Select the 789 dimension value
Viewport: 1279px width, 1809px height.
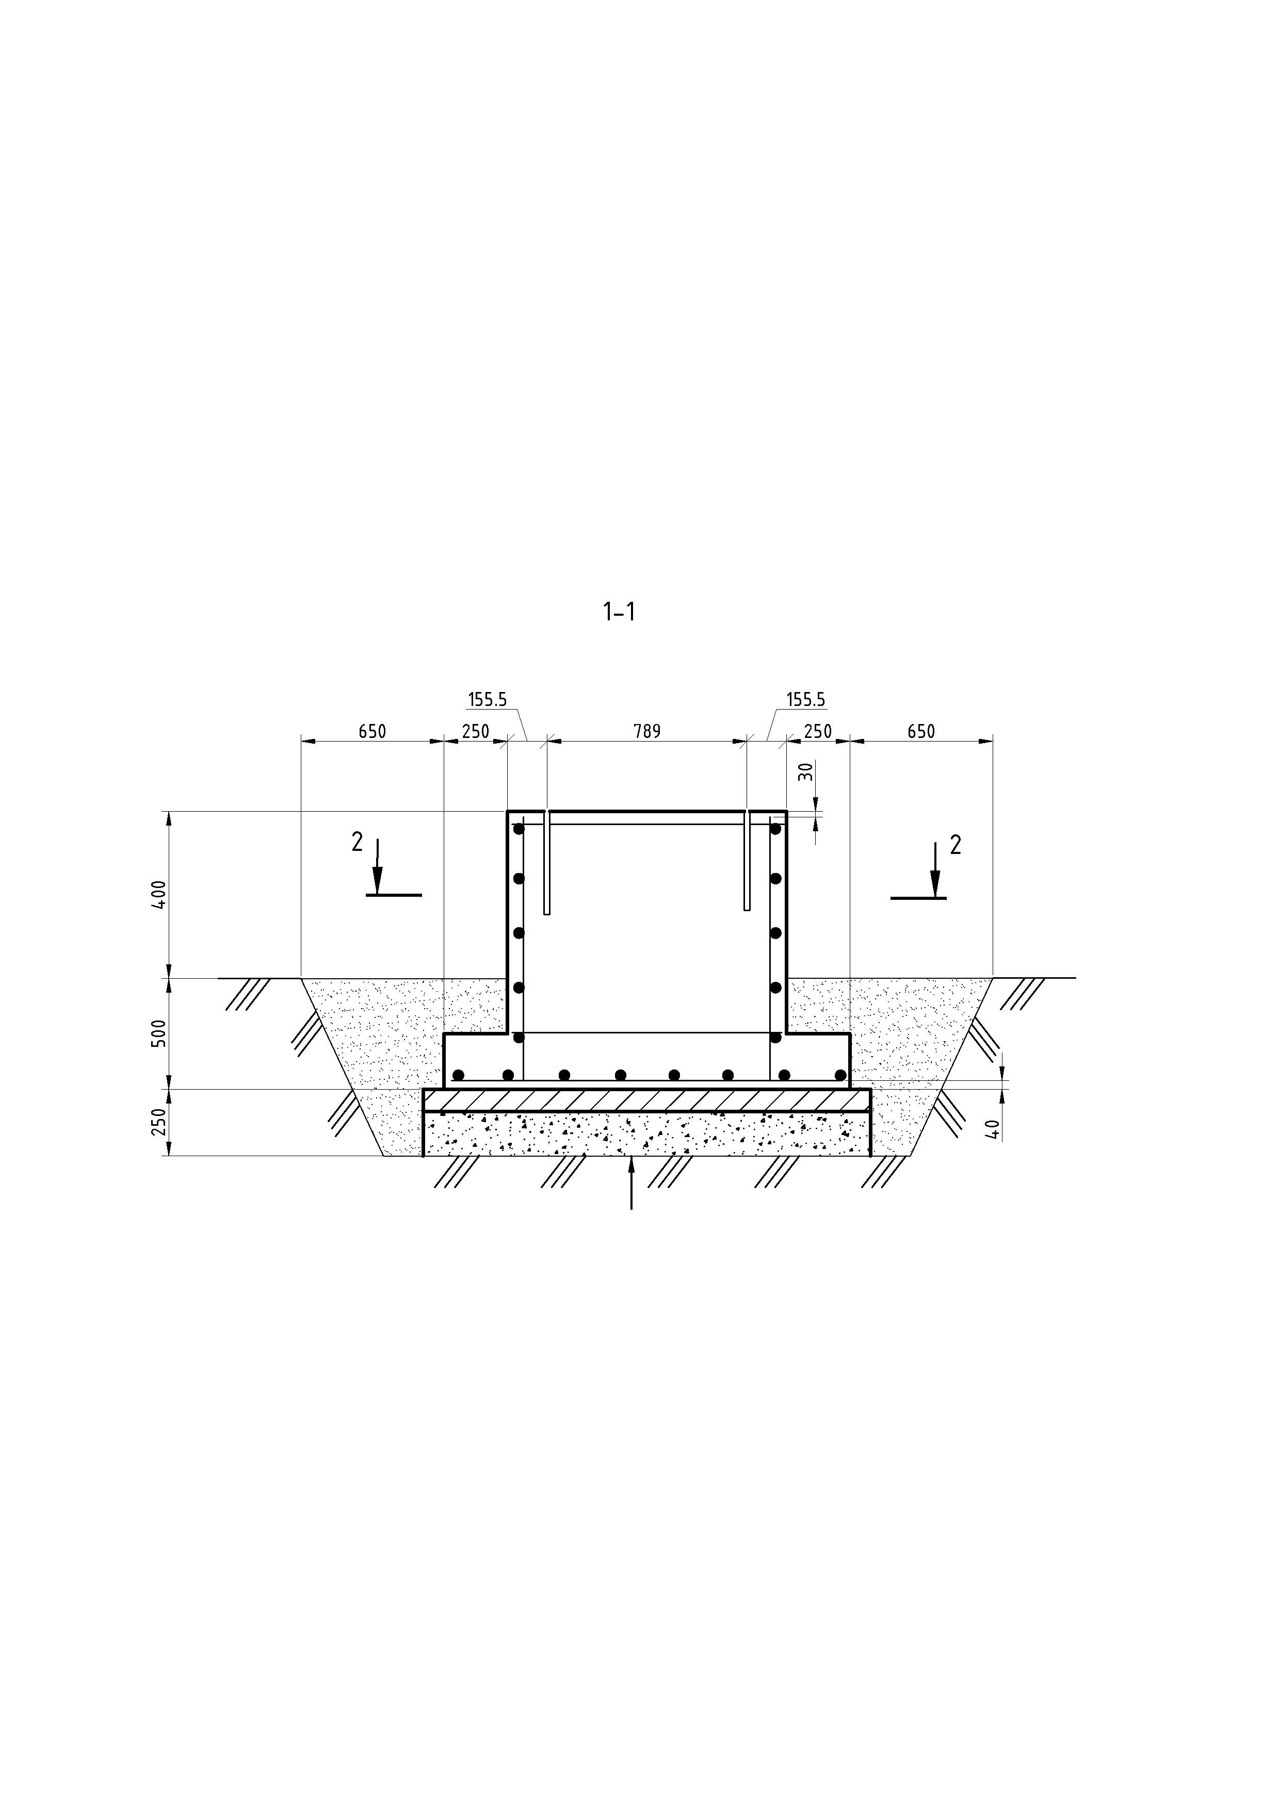[x=647, y=731]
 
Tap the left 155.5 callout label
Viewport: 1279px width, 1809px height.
[x=487, y=699]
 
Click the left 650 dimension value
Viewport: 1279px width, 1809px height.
[x=372, y=731]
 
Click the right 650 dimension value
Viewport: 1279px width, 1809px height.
[x=920, y=731]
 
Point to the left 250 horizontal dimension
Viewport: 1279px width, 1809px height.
[x=475, y=731]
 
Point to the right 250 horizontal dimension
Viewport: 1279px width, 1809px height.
[x=818, y=731]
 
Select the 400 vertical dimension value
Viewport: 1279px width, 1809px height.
[x=159, y=895]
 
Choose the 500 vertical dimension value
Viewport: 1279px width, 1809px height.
[x=159, y=1033]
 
